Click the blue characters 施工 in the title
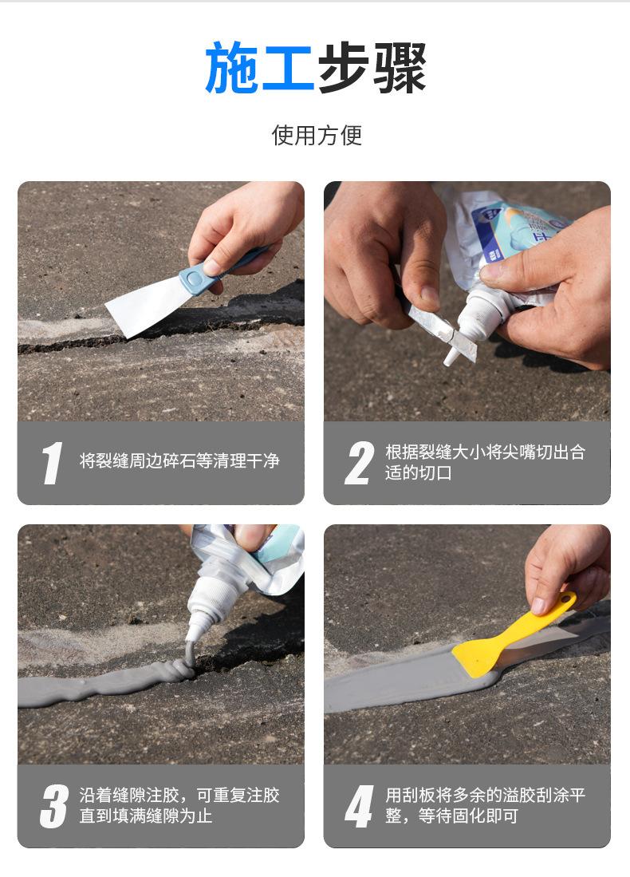(x=259, y=68)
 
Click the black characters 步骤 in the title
(x=372, y=68)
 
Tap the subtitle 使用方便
(x=317, y=136)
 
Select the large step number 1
(x=52, y=463)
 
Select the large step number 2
(x=359, y=463)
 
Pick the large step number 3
(x=53, y=806)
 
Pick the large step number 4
(x=359, y=806)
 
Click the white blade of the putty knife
(x=148, y=306)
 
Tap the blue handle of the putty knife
(x=218, y=271)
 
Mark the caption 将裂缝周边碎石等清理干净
(x=179, y=461)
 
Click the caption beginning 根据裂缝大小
(x=485, y=463)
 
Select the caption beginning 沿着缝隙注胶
(x=179, y=805)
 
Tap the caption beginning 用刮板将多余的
(x=485, y=805)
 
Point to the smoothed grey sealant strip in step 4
(x=408, y=680)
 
